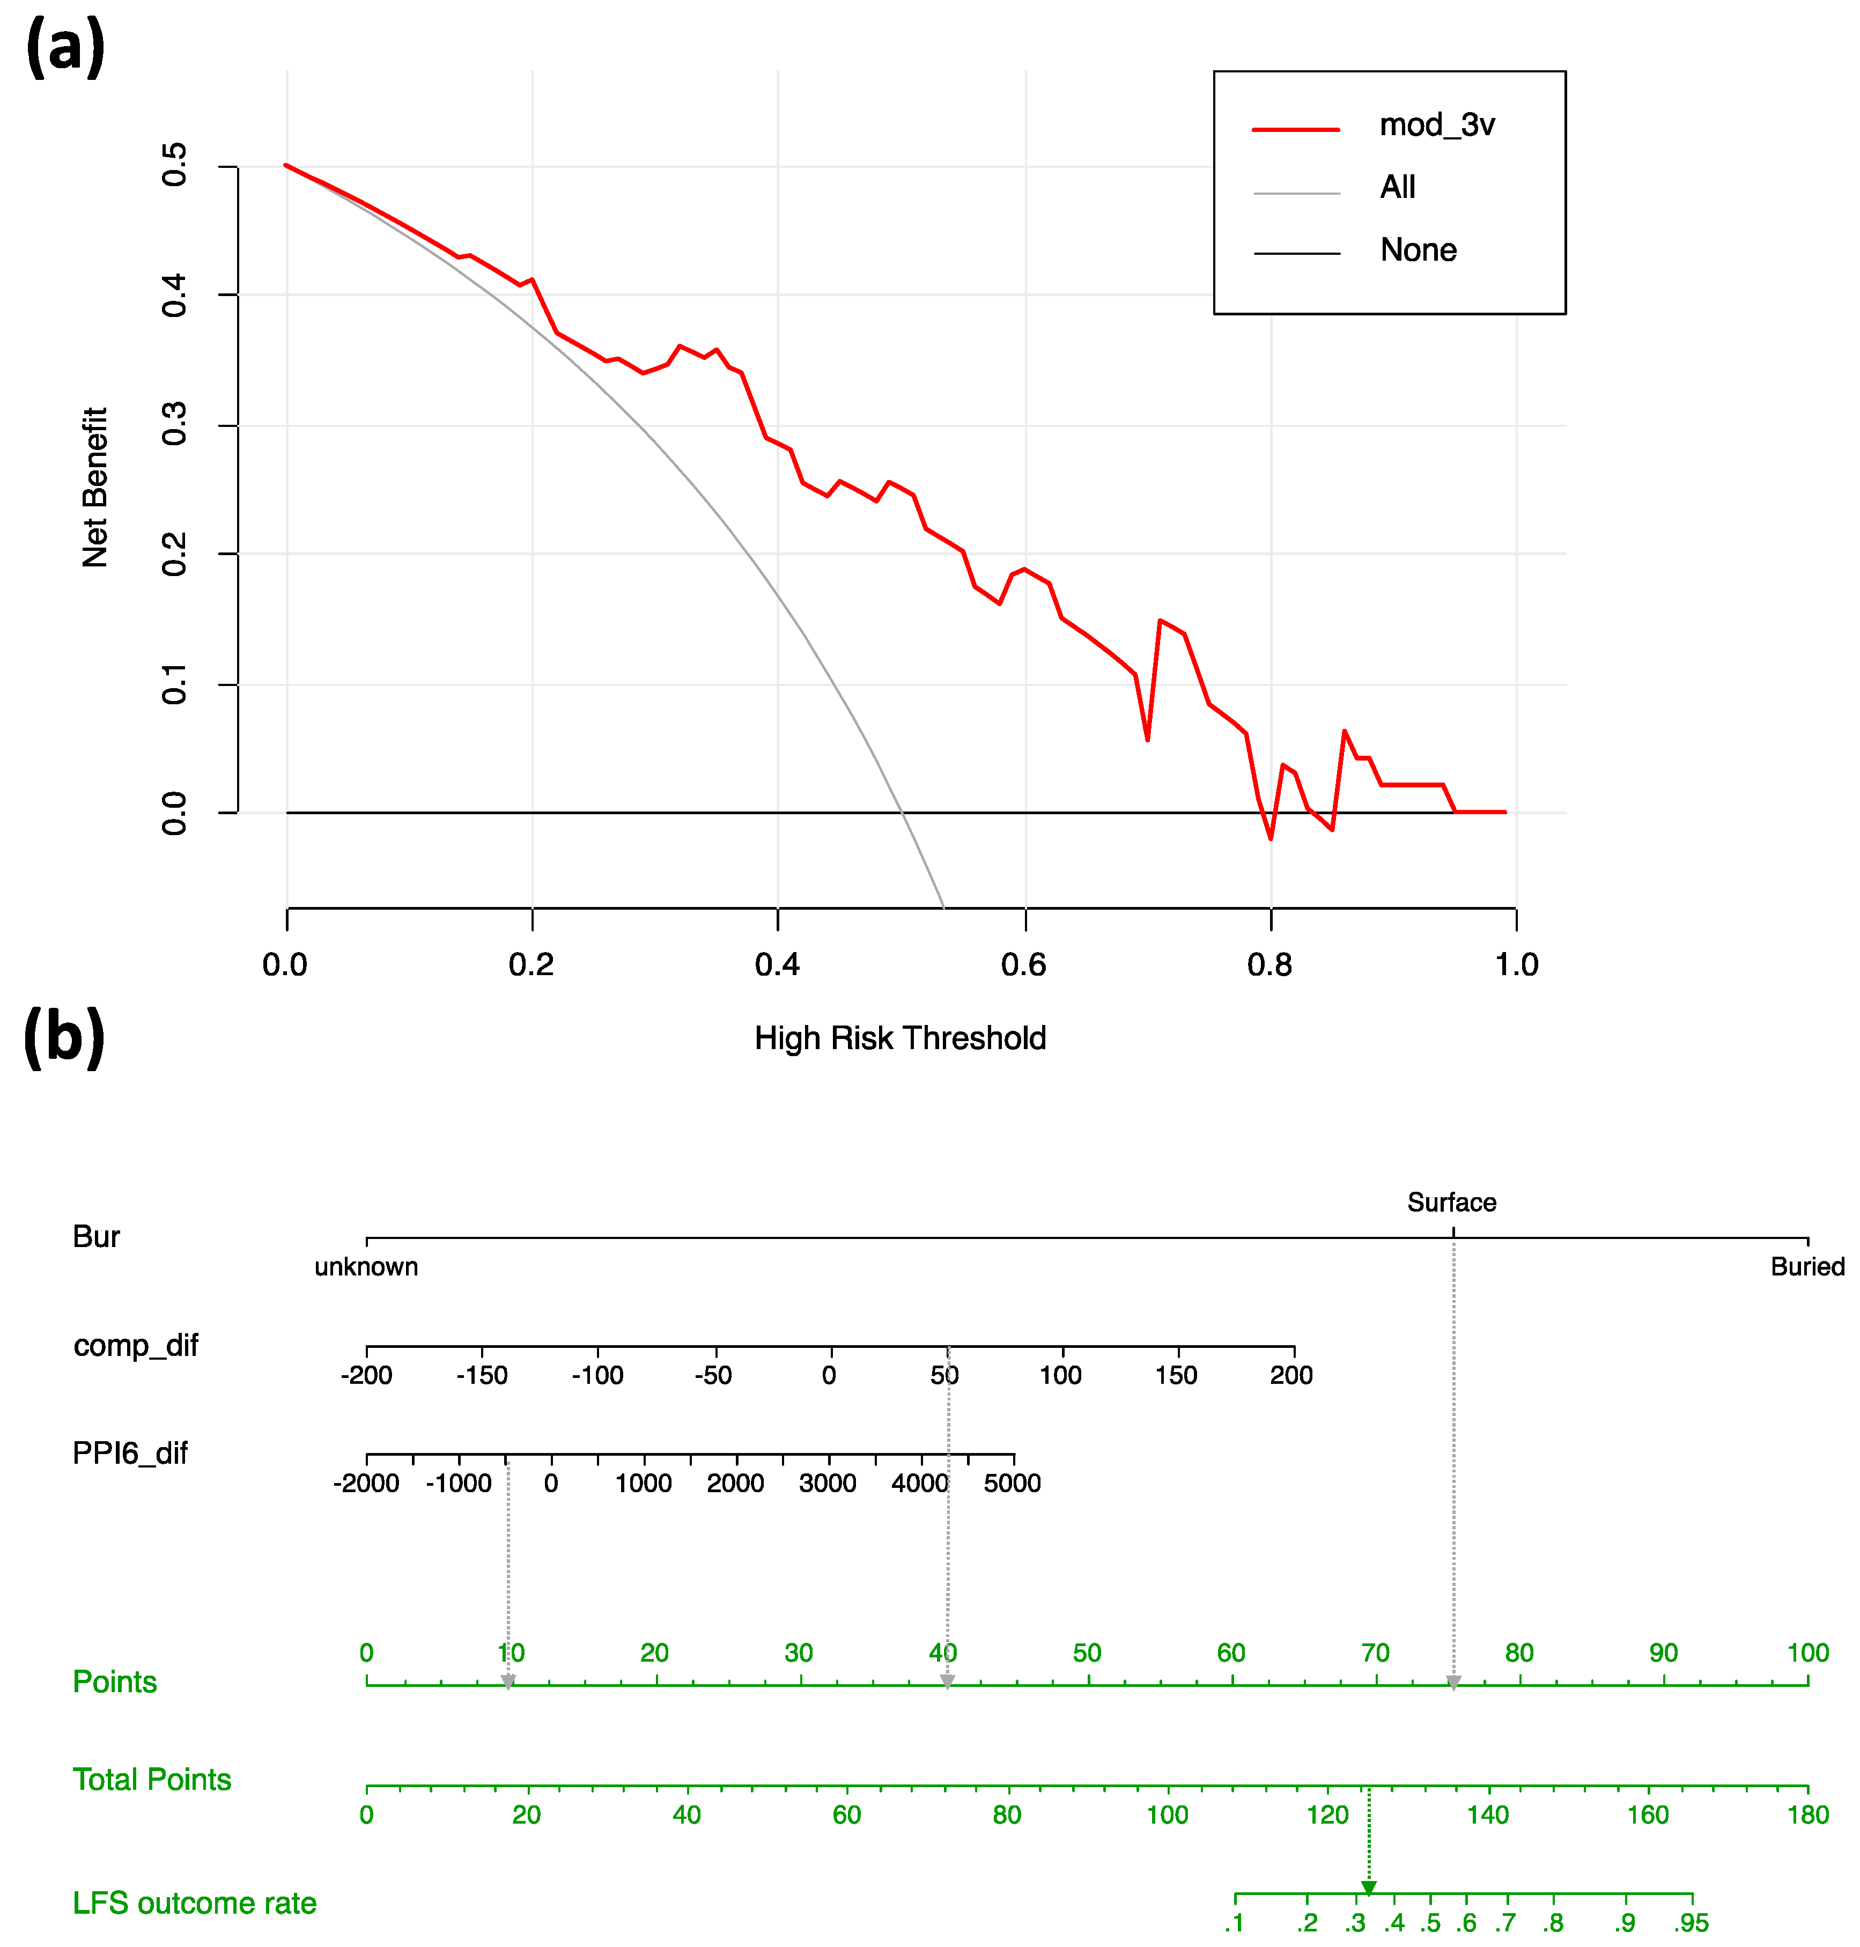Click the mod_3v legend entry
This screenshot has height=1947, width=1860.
click(x=1437, y=125)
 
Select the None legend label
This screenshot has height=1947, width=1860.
click(x=1418, y=250)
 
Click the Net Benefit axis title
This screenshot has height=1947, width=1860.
click(x=94, y=487)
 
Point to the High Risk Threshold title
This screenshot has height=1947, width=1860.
click(x=899, y=1038)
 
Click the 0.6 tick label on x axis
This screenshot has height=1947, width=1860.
click(x=1023, y=964)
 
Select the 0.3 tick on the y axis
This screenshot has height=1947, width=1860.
click(x=174, y=424)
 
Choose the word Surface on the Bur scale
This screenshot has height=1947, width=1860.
click(x=1451, y=1203)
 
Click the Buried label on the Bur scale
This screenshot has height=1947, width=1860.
click(x=1806, y=1267)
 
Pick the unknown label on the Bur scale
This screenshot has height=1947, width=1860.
click(x=366, y=1267)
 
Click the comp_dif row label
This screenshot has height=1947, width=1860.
click(x=136, y=1345)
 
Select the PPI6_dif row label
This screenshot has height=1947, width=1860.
click(x=130, y=1454)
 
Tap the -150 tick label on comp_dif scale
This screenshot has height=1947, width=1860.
click(x=482, y=1375)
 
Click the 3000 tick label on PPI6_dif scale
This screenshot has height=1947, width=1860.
click(x=827, y=1483)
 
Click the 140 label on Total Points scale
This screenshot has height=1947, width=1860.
click(x=1487, y=1815)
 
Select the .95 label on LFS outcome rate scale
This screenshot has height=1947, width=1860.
click(x=1692, y=1923)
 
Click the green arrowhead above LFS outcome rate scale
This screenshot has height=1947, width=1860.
click(x=1368, y=1887)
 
